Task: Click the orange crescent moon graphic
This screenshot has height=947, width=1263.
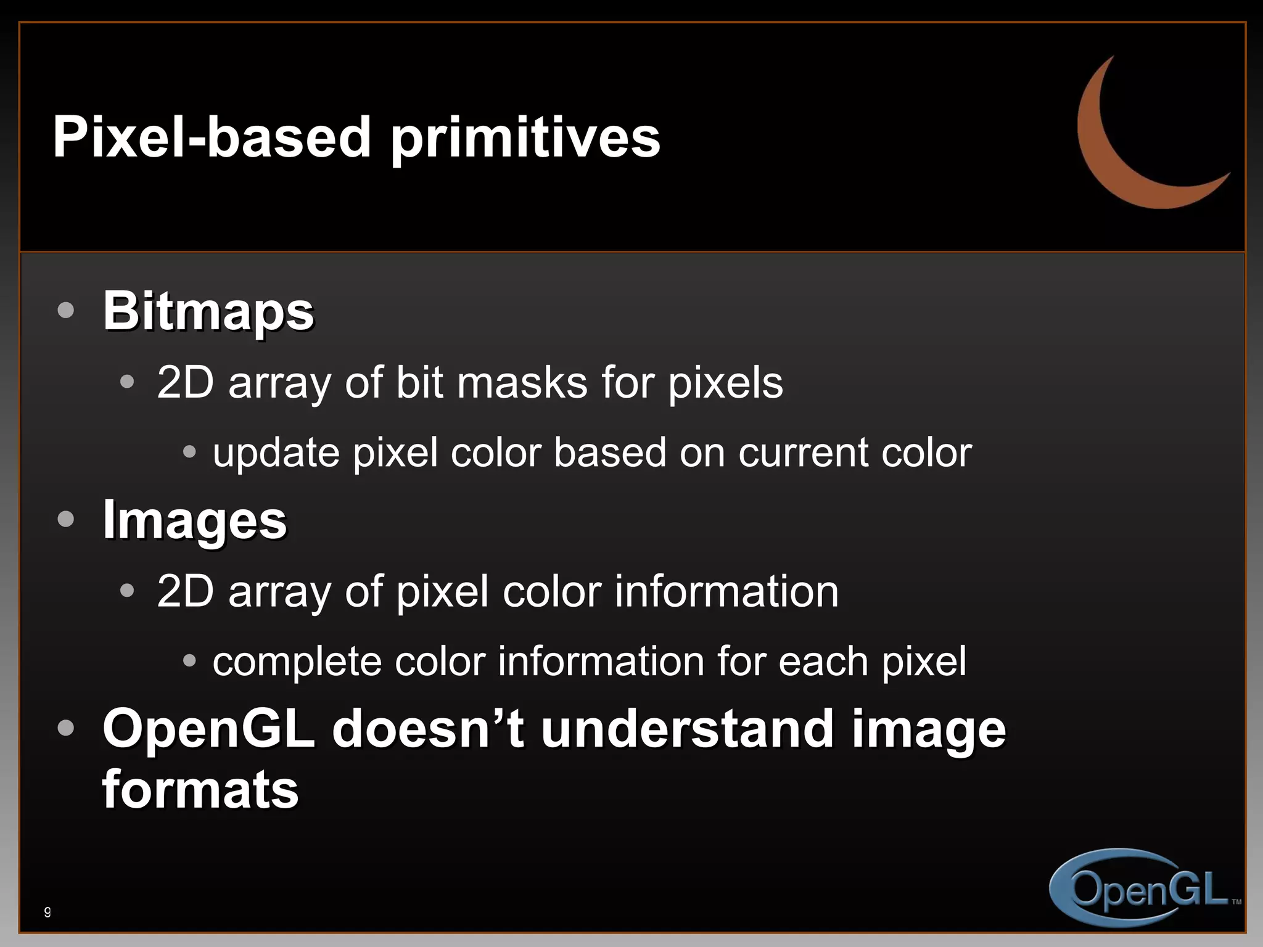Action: pos(1110,154)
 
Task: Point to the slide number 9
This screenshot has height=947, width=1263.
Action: pos(47,912)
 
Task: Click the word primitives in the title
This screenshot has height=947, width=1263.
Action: pos(525,138)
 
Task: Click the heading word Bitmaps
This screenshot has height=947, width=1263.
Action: pos(208,311)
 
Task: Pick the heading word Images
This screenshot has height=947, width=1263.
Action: pos(195,520)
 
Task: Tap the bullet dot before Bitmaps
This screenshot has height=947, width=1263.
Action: pos(65,310)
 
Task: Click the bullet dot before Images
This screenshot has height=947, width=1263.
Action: pos(65,519)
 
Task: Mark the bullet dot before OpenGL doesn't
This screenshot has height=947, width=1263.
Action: pos(65,728)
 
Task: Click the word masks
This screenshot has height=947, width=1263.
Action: pos(522,383)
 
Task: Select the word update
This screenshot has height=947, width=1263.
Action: pos(276,453)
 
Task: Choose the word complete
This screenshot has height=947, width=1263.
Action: pos(297,662)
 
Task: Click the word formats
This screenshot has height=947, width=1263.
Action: pos(200,790)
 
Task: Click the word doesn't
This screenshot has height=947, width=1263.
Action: pos(428,729)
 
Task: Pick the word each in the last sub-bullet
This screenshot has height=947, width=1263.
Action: pos(824,662)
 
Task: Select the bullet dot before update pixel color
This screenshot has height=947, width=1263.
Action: pos(189,453)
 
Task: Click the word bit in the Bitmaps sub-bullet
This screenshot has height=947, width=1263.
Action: pos(419,383)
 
